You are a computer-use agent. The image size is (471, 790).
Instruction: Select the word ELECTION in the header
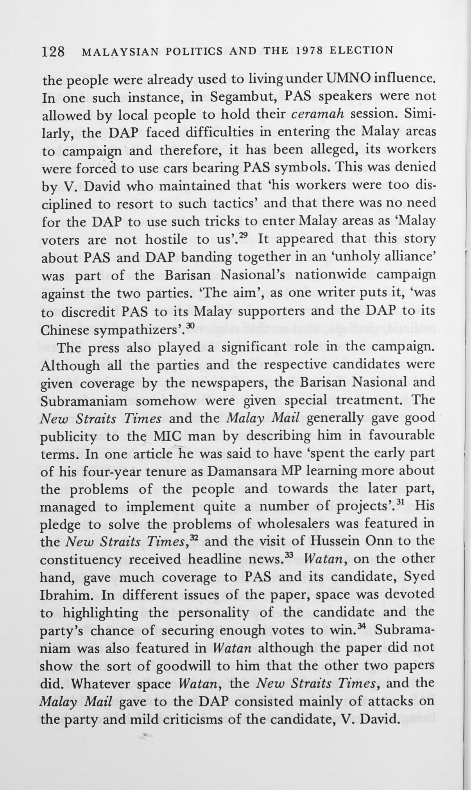tap(361, 50)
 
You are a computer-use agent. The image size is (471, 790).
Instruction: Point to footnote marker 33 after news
tap(290, 555)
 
